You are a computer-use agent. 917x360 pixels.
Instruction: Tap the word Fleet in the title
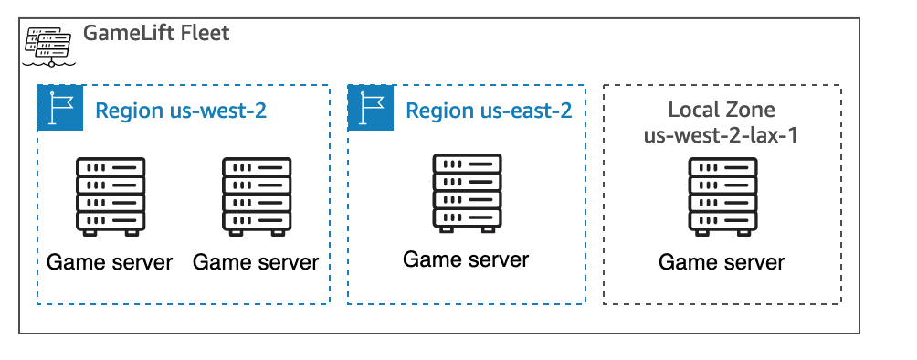(x=205, y=35)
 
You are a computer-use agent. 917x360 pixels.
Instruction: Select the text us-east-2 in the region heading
(x=531, y=111)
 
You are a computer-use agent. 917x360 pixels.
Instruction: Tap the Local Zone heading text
(x=722, y=111)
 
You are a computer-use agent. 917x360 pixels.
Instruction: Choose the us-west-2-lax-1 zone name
(x=722, y=136)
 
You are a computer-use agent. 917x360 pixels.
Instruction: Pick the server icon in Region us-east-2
(x=467, y=193)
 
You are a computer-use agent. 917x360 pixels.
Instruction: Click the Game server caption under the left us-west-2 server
(x=110, y=263)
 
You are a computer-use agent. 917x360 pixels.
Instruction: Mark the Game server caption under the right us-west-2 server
(x=256, y=263)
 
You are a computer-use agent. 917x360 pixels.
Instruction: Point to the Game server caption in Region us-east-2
(x=466, y=259)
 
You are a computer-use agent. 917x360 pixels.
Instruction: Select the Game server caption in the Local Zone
(x=722, y=263)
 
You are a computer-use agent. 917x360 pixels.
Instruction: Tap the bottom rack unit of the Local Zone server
(x=722, y=221)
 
